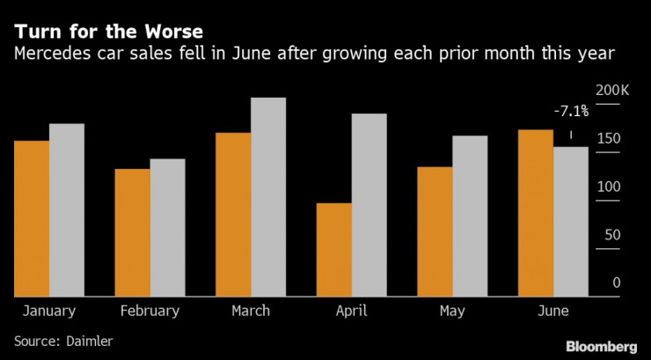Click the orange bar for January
pyautogui.click(x=32, y=218)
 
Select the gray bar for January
pyautogui.click(x=67, y=210)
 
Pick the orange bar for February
pyautogui.click(x=133, y=232)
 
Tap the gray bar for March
pyautogui.click(x=268, y=197)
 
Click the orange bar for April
pyautogui.click(x=334, y=250)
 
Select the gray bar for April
pyautogui.click(x=369, y=205)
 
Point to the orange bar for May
pyautogui.click(x=435, y=231)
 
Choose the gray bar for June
pyautogui.click(x=571, y=222)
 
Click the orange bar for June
pyautogui.click(x=536, y=213)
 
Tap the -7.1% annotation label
pyautogui.click(x=571, y=112)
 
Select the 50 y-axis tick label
pyautogui.click(x=612, y=235)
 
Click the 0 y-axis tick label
pyautogui.click(x=617, y=283)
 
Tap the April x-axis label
pyautogui.click(x=352, y=311)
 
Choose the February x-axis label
pyautogui.click(x=150, y=311)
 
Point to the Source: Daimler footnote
pyautogui.click(x=64, y=339)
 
